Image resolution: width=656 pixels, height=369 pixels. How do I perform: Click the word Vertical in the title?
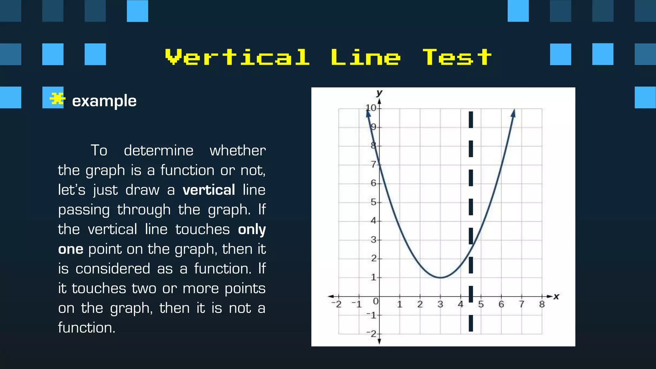(x=237, y=57)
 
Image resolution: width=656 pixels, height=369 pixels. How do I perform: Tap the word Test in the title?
(x=457, y=57)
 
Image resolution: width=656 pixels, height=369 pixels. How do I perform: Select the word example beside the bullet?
(x=104, y=101)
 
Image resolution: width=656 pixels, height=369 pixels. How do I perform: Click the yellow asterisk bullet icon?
(x=57, y=99)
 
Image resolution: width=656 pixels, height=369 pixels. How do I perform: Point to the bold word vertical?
(x=209, y=190)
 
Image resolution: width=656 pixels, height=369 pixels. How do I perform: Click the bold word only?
(x=252, y=229)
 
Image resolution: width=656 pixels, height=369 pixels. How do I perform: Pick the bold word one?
(x=71, y=249)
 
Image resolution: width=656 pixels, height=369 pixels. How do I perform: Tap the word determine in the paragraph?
(x=159, y=151)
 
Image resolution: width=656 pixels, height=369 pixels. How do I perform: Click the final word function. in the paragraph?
(x=86, y=328)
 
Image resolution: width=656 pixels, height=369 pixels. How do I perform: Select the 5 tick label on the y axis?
(x=373, y=202)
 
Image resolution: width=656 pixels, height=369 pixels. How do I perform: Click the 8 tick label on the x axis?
(x=542, y=304)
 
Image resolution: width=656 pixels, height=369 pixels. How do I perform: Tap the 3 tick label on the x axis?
(x=440, y=304)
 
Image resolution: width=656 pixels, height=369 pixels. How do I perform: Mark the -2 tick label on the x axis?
(x=336, y=304)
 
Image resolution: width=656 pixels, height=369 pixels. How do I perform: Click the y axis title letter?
(x=379, y=93)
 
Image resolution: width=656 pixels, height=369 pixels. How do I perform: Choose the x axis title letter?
(x=556, y=297)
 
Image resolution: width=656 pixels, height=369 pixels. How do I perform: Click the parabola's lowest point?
(x=440, y=277)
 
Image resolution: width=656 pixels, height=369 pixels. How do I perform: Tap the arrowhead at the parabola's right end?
(x=513, y=113)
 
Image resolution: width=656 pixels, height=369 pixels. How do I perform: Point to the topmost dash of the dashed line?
(x=471, y=119)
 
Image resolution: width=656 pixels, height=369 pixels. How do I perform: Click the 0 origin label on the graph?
(x=376, y=301)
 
